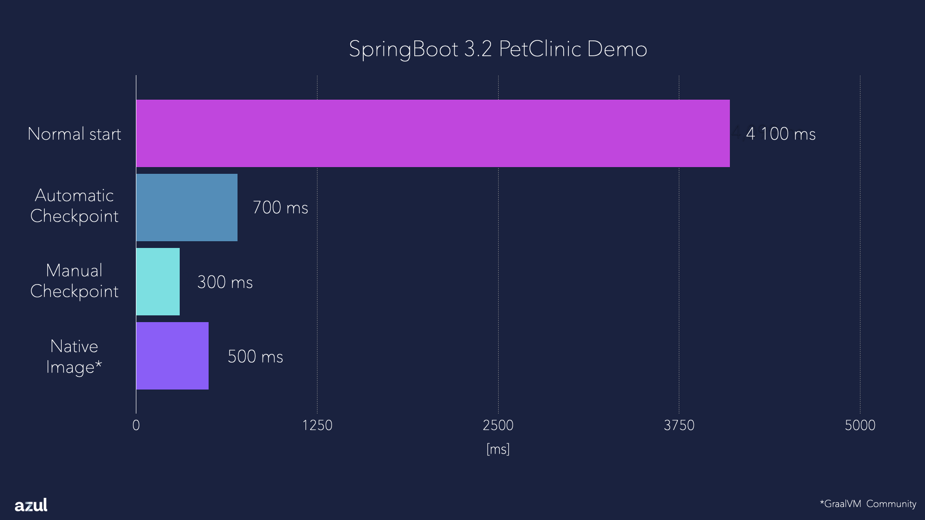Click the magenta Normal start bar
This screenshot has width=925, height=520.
coord(433,133)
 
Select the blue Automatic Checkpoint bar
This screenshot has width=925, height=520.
coord(187,208)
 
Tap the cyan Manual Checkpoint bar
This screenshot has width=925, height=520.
coord(158,282)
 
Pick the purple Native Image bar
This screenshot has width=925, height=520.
coord(172,356)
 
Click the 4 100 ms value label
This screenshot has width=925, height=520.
coord(780,134)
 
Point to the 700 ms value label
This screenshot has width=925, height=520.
coord(280,208)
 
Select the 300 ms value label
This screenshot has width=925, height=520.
coord(225,282)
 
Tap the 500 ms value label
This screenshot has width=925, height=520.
coord(255,357)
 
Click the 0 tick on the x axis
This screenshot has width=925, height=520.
coord(136,425)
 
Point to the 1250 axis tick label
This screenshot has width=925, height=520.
coord(317,425)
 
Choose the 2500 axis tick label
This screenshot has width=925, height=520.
coord(498,425)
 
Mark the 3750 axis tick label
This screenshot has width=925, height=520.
coord(679,425)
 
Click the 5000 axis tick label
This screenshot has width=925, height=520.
coord(860,425)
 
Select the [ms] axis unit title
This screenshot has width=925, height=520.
coord(498,449)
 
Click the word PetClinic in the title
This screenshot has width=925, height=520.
coord(540,49)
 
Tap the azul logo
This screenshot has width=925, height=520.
coord(31,505)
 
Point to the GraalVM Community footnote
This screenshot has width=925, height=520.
coord(868,504)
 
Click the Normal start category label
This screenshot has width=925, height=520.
coord(74,134)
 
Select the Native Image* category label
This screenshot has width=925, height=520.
coord(74,357)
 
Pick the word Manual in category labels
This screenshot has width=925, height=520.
coord(74,271)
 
